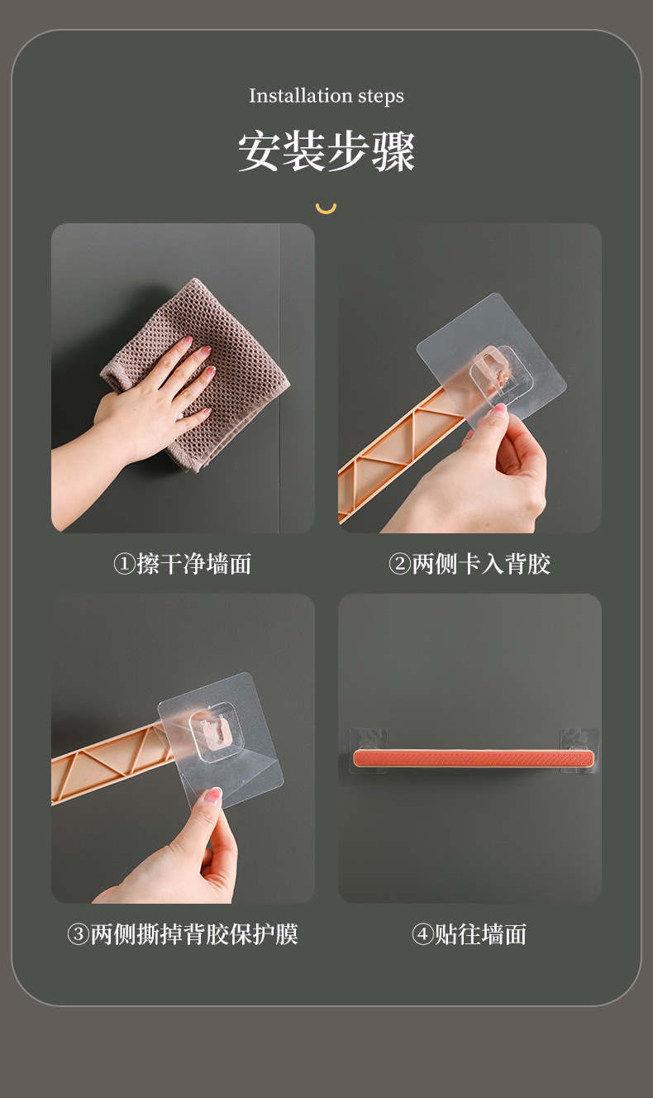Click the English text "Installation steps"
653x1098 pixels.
point(326,96)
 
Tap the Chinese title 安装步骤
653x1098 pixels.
point(326,151)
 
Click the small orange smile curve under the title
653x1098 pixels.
point(326,209)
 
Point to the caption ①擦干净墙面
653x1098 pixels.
point(182,564)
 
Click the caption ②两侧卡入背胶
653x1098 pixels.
point(469,564)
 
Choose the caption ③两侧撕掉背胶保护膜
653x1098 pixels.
point(182,934)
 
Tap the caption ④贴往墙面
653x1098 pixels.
point(469,934)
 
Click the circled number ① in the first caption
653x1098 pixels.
point(125,564)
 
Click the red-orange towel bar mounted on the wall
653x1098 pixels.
point(474,759)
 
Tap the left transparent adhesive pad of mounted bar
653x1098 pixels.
point(369,750)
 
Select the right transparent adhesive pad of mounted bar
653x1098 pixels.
point(579,750)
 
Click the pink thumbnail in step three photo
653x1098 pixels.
point(213,796)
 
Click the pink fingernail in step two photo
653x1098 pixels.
point(498,410)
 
